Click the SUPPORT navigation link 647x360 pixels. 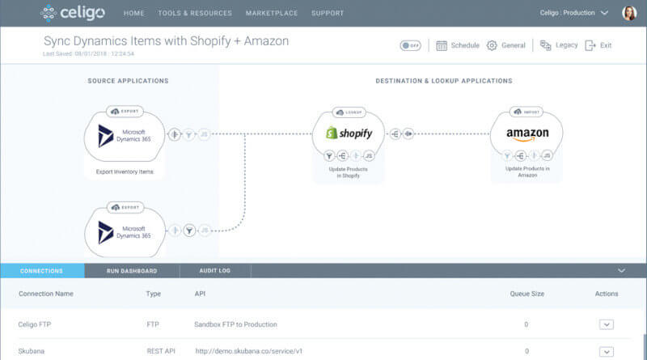click(328, 13)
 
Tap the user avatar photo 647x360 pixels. click(628, 13)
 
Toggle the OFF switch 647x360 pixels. click(410, 45)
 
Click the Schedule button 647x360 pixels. click(458, 45)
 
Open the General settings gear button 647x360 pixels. click(506, 45)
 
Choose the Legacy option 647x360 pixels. click(559, 45)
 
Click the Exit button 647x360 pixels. click(598, 45)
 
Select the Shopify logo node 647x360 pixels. click(349, 133)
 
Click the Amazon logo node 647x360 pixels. click(526, 133)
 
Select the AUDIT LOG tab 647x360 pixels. click(214, 271)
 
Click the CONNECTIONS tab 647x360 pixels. click(41, 271)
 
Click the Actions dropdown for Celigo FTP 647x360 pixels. click(606, 324)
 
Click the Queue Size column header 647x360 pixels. click(526, 294)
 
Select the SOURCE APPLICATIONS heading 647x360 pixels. click(128, 81)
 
